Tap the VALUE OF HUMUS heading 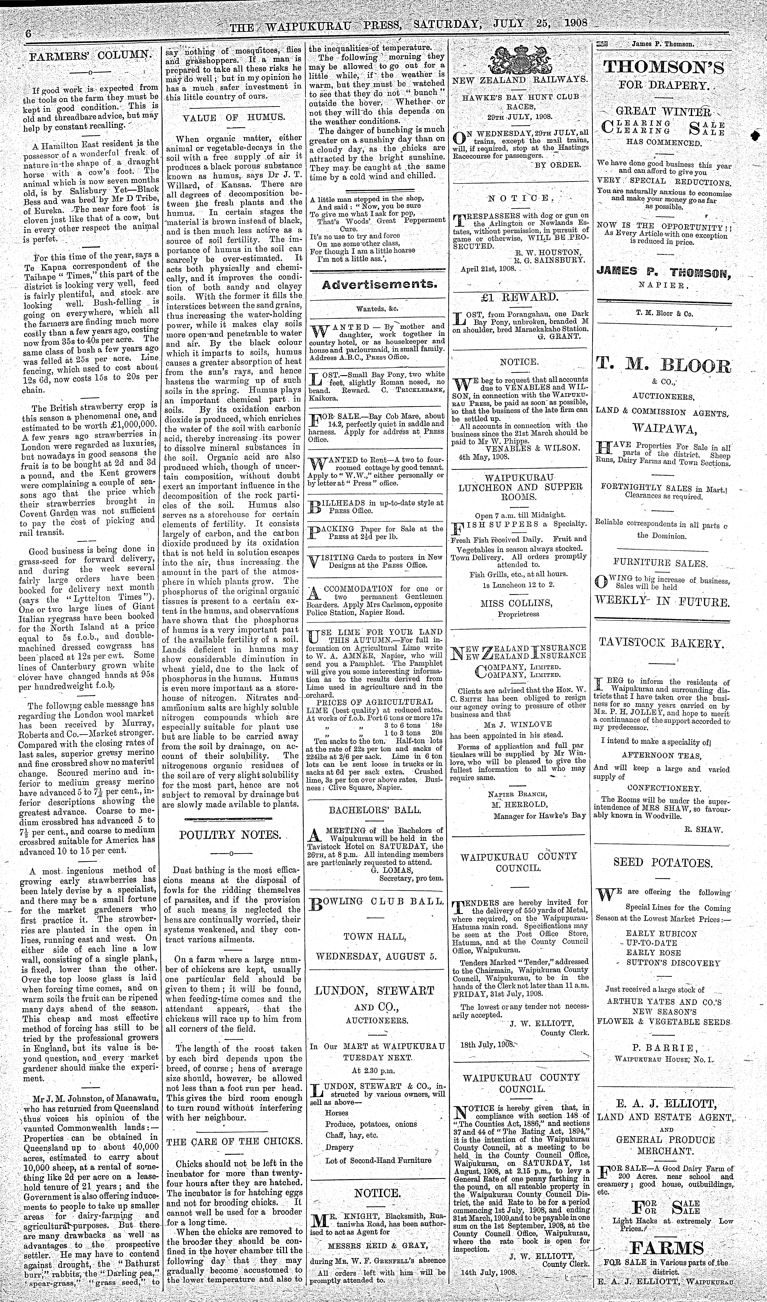234,117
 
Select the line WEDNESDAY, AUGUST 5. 376,956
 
